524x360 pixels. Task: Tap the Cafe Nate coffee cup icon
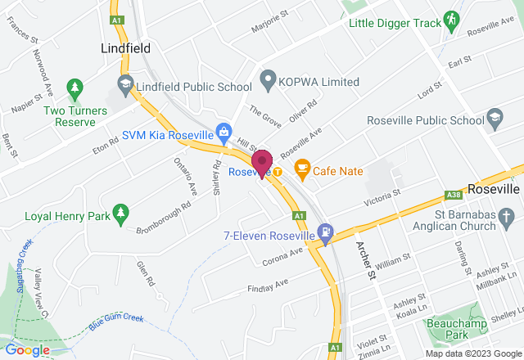point(302,169)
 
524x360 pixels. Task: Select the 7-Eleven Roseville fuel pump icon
point(326,233)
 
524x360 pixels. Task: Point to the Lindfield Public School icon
point(125,83)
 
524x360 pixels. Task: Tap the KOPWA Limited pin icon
point(266,82)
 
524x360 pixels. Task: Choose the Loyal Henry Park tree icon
point(120,214)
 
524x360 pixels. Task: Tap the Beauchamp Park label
point(449,328)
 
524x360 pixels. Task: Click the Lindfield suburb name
point(126,48)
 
